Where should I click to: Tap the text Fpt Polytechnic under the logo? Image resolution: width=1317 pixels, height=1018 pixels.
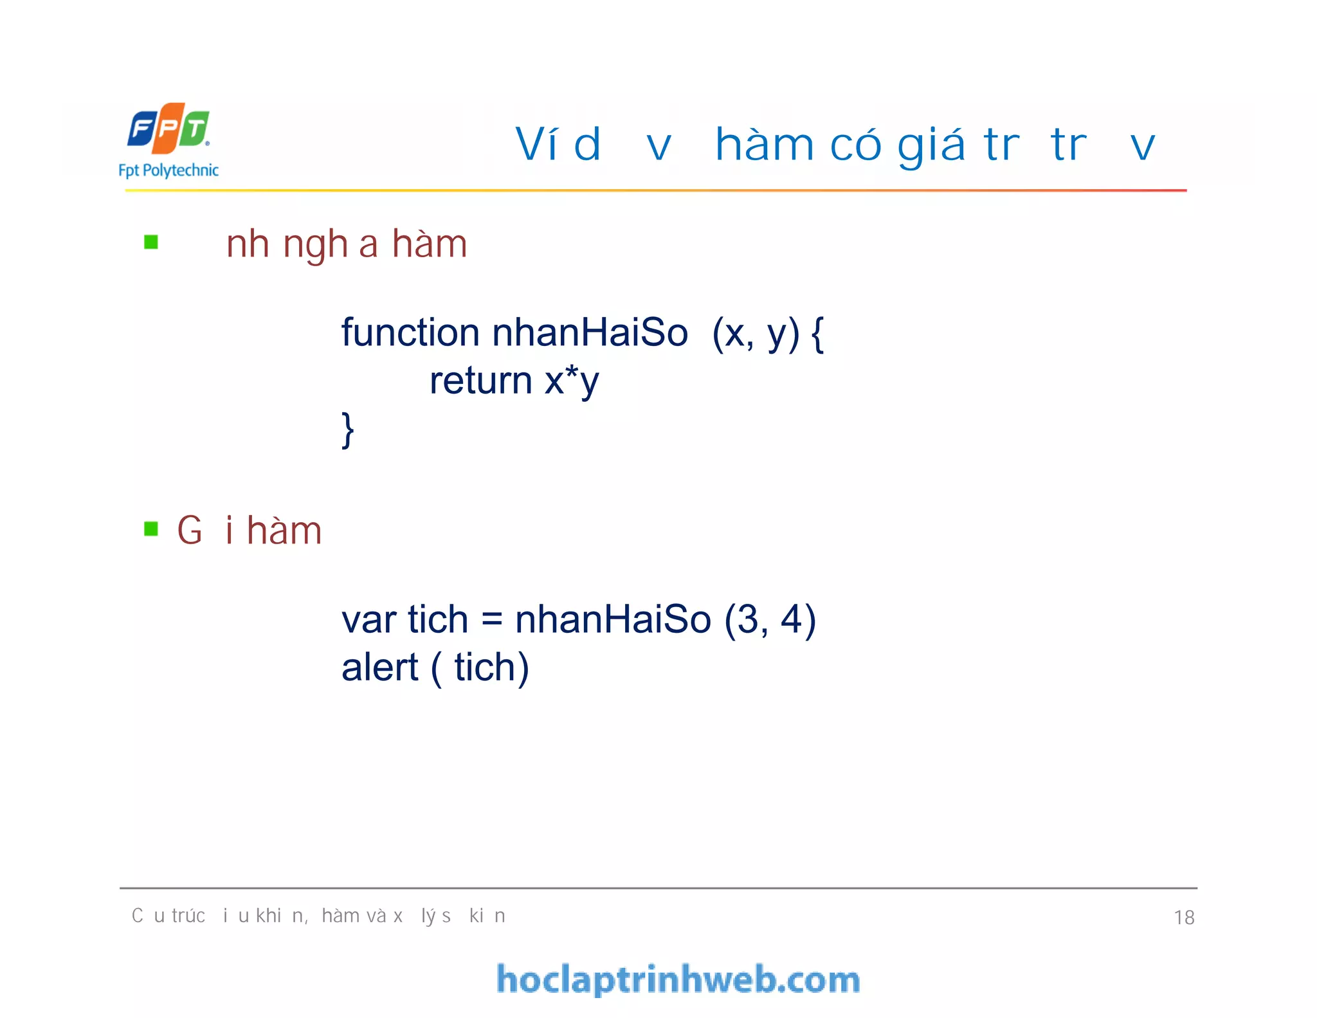(x=168, y=170)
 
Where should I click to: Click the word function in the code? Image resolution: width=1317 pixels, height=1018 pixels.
(x=410, y=333)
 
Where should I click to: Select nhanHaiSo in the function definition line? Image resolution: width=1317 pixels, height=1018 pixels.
(x=590, y=333)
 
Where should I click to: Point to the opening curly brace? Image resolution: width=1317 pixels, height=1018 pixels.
(x=817, y=334)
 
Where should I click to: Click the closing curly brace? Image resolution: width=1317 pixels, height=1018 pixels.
(x=348, y=430)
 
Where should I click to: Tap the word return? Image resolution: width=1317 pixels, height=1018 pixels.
(x=480, y=381)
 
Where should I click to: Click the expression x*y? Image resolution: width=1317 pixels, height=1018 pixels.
(x=572, y=381)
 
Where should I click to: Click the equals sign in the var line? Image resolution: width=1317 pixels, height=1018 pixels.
(x=491, y=620)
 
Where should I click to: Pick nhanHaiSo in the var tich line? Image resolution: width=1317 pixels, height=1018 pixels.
(x=613, y=620)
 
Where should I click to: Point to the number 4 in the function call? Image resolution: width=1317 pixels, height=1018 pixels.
(x=790, y=620)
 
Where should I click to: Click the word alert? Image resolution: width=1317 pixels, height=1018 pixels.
(x=379, y=668)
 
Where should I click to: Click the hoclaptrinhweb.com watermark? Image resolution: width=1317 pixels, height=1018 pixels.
(x=678, y=979)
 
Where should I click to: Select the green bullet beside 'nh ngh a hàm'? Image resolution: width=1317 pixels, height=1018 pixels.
(x=151, y=242)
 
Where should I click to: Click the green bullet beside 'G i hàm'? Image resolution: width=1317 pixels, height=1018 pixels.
(x=151, y=529)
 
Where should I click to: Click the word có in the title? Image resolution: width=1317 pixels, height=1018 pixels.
(x=855, y=145)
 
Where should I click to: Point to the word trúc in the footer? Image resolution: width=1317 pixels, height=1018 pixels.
(x=188, y=916)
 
